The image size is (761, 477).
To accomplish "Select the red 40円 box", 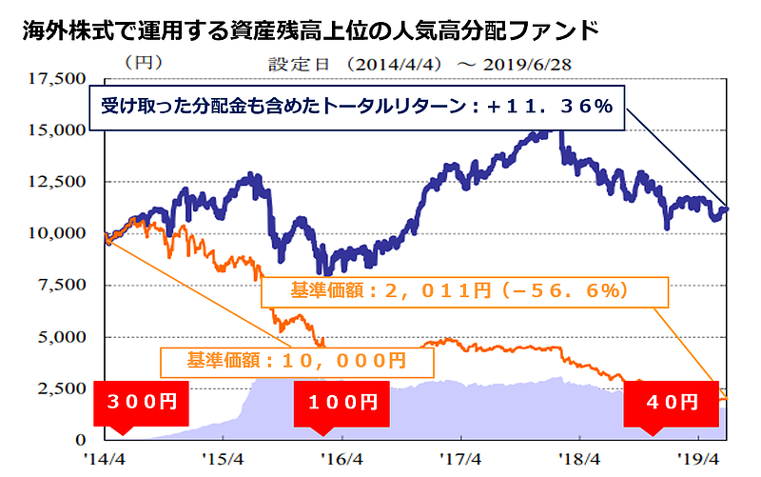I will [x=669, y=402].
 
